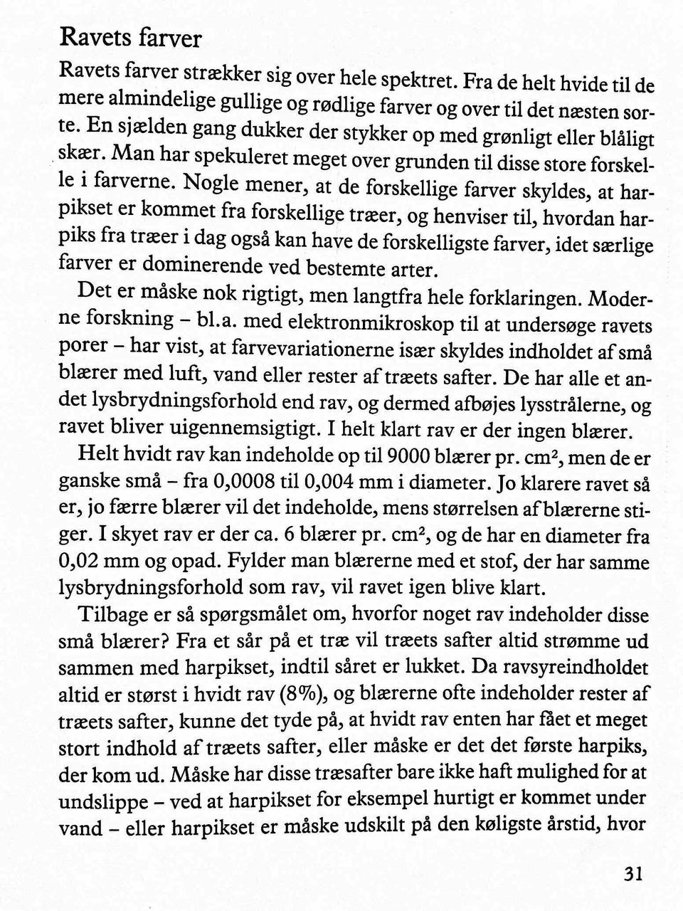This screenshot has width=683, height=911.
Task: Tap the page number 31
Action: [632, 874]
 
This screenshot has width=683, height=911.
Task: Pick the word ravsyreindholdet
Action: [566, 669]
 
